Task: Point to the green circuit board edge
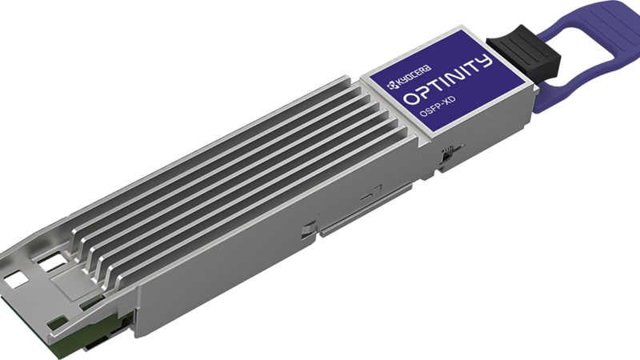pyautogui.click(x=80, y=335)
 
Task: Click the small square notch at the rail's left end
pyautogui.click(x=309, y=233)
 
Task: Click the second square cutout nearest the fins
pyautogui.click(x=53, y=262)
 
